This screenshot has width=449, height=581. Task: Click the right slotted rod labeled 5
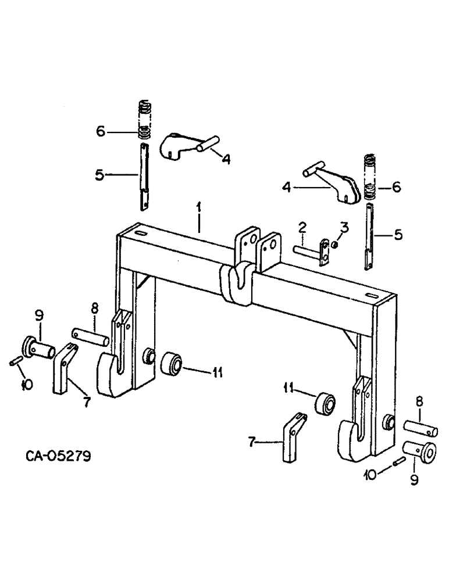(370, 235)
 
